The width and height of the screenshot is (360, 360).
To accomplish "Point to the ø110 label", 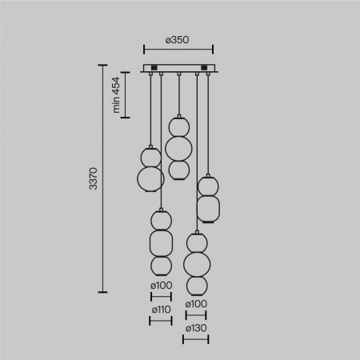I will [161, 309].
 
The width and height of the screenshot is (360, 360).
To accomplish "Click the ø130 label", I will [195, 329].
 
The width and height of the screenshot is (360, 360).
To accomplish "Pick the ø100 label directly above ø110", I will [161, 286].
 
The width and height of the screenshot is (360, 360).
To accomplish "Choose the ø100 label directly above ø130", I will [195, 305].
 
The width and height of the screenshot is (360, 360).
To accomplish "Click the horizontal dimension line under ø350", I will [178, 48].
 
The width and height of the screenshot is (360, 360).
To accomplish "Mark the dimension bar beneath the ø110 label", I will [161, 321].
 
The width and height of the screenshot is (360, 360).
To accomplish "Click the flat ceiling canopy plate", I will [178, 69].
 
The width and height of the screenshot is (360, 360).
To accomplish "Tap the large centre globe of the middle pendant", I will [177, 147].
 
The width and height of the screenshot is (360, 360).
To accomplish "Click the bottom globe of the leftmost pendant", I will [150, 179].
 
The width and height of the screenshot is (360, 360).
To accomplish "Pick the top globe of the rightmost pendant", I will [208, 186].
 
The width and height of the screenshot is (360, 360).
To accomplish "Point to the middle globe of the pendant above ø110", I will [161, 241].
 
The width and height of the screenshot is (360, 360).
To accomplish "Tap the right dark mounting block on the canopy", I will [206, 67].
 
